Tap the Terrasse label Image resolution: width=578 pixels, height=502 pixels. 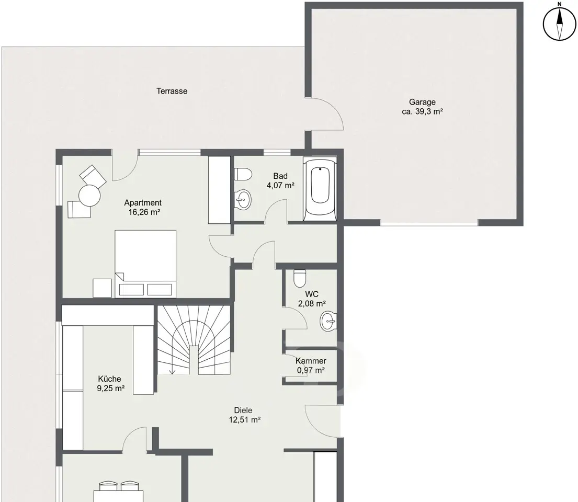tap(172, 91)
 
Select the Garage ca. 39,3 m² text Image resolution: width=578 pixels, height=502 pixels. tap(422, 107)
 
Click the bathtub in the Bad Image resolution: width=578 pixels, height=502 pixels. tap(320, 189)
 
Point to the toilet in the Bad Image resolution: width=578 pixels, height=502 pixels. tap(243, 174)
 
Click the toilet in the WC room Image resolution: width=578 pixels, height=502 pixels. tap(300, 278)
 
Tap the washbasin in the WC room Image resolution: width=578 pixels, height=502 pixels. tap(328, 321)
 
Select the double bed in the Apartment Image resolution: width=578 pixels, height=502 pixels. tap(145, 264)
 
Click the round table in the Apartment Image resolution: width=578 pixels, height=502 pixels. tap(89, 196)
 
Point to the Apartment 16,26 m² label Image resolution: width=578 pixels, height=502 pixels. tap(143, 207)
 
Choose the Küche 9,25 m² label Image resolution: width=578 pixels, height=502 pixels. tap(110, 383)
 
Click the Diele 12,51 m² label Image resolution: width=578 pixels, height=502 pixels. tap(244, 415)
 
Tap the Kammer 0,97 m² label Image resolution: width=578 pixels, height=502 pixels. tap(311, 366)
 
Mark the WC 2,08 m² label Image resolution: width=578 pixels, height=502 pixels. tap(311, 299)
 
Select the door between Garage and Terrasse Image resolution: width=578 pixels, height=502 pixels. tap(324, 115)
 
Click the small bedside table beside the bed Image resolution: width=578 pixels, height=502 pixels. tap(102, 288)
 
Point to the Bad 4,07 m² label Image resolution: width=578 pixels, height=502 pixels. tap(280, 180)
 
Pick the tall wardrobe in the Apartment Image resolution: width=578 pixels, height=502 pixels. tap(219, 190)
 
